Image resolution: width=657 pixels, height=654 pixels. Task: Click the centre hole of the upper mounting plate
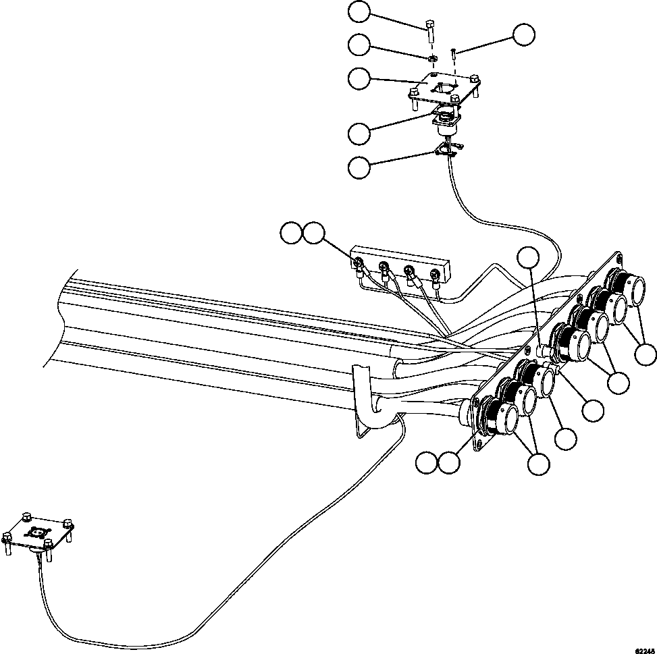444,88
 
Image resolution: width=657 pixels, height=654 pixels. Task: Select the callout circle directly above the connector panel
529,256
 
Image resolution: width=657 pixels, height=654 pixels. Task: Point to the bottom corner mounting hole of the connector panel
480,443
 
